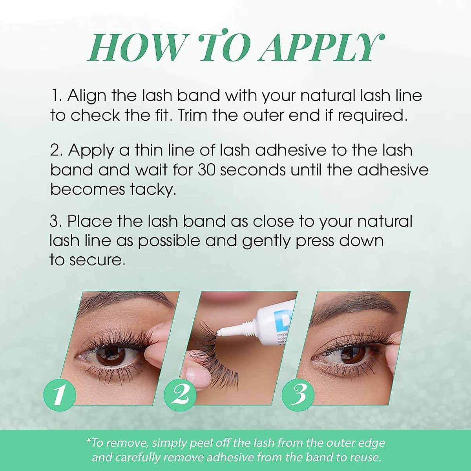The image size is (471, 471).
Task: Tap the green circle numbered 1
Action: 59,394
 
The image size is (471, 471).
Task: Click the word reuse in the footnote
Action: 367,457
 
